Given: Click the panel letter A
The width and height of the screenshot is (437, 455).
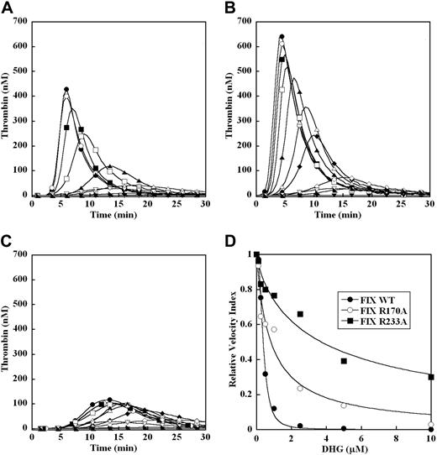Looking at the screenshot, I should [x=7, y=8].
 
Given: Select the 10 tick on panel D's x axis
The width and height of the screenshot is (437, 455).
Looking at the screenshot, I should [x=430, y=437].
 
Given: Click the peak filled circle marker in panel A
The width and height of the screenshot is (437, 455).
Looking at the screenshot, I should [x=66, y=89].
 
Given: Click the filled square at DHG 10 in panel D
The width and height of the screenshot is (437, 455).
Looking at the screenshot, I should [x=430, y=377].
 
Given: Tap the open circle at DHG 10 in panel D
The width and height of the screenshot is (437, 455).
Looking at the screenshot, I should [x=430, y=425].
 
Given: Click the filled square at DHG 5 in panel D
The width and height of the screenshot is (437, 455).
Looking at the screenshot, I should [x=344, y=361].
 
